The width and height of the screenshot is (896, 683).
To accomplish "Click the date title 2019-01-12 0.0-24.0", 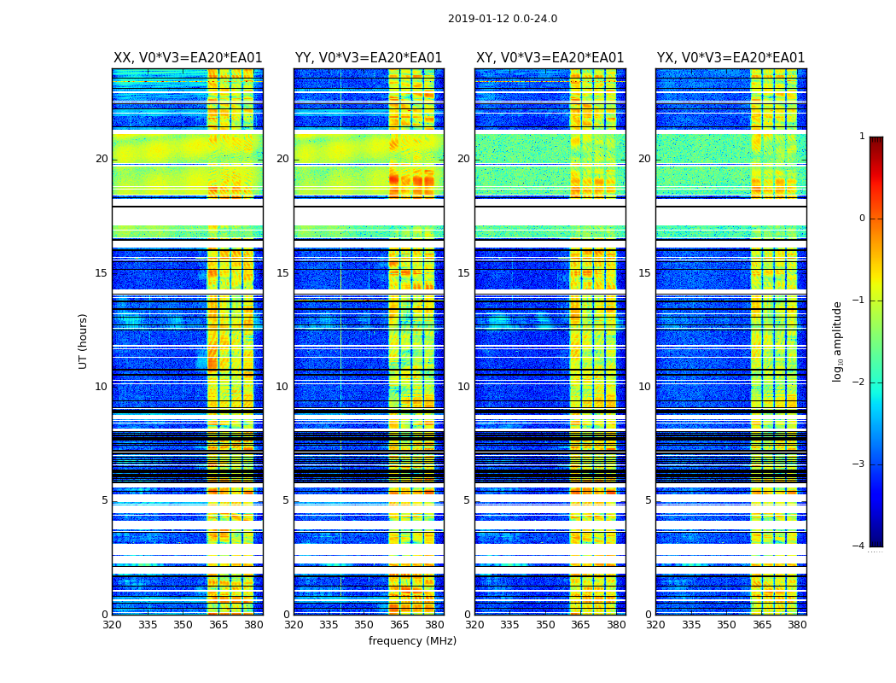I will coord(503,19).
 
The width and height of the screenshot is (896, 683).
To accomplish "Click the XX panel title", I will coord(188,58).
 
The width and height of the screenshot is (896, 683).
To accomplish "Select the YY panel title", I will coord(369,58).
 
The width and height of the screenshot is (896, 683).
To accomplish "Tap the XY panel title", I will coord(550,58).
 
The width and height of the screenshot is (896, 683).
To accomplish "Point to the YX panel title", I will coord(731,58).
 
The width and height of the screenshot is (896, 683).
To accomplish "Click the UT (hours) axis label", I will coord(84,341).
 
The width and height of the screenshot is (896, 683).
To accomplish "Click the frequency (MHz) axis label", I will coord(412,641).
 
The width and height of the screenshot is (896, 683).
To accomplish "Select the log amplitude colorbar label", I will coord(838,341).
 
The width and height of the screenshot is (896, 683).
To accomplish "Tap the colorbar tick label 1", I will coord(862,137).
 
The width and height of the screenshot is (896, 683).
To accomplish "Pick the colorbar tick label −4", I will coord(859,546).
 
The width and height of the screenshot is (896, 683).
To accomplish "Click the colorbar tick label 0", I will coord(862,219).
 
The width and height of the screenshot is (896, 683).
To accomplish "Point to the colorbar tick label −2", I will coord(859,382).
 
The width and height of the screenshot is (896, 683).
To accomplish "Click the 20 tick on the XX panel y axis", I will coord(102,159).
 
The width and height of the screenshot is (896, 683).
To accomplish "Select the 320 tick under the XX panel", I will coord(112,625).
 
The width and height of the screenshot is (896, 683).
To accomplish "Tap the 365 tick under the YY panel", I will coord(399,625).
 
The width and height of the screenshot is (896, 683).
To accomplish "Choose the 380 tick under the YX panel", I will coord(797,625).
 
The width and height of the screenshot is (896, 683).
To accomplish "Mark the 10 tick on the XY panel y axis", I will coord(463,387).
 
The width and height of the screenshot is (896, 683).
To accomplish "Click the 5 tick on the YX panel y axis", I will coord(648,500).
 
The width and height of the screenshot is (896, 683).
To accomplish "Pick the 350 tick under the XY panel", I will coord(545,625).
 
